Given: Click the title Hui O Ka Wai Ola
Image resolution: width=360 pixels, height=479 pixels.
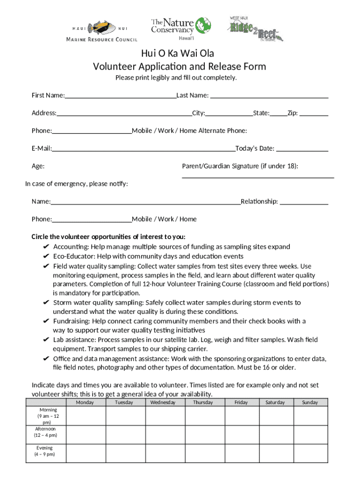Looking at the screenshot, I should point(180,53).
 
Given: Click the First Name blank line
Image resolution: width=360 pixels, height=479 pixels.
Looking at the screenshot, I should point(121,98).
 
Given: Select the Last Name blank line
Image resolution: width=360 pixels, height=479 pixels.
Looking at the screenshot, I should point(269,98).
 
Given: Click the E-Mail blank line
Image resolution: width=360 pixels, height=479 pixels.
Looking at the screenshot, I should point(144,151).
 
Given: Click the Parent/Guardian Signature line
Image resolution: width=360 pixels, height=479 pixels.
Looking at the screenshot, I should point(258,178).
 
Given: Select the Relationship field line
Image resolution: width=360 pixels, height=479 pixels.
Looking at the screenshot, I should point(303,204).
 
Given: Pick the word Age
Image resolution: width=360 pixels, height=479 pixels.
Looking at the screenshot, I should point(38,167).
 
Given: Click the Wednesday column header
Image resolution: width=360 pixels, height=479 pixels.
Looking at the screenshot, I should point(163,402).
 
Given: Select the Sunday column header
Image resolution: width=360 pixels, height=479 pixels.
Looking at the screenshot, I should point(310,402).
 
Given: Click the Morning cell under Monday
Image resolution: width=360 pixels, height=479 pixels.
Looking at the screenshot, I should point(85,415).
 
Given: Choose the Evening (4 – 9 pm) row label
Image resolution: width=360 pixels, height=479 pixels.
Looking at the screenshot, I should point(45,451).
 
